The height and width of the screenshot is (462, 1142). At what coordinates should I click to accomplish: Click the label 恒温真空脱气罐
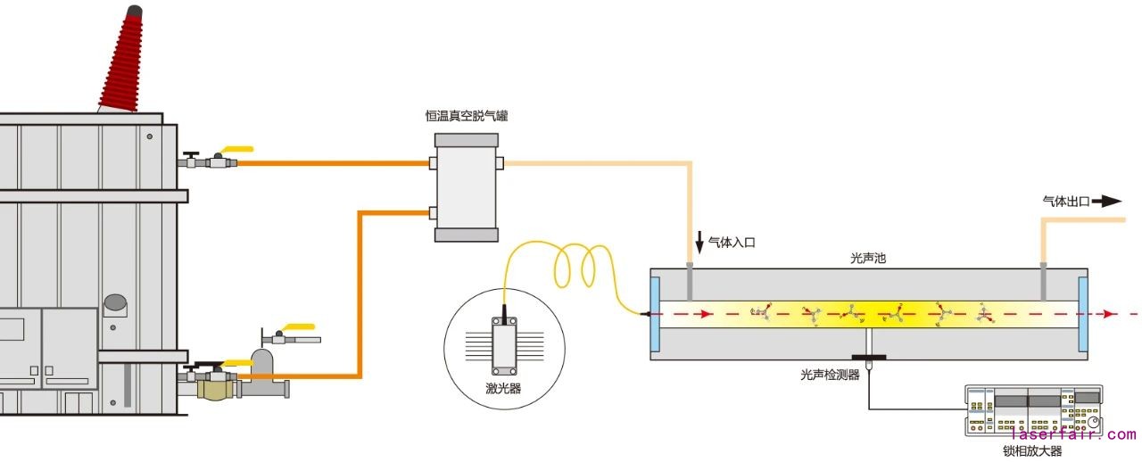[467, 116]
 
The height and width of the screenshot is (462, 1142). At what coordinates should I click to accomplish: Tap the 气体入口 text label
[732, 242]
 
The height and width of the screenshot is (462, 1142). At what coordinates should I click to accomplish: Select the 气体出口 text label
[1066, 202]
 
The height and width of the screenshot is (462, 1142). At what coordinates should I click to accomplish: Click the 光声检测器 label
[830, 375]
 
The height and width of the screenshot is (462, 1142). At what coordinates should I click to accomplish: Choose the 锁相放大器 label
[1032, 451]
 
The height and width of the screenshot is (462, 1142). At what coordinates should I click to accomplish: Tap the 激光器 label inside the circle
[504, 387]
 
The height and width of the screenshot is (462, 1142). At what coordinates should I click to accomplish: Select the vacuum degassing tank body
[467, 187]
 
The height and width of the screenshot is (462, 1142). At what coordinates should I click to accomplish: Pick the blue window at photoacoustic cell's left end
[655, 314]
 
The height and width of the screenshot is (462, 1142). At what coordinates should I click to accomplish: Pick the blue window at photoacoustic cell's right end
[1083, 314]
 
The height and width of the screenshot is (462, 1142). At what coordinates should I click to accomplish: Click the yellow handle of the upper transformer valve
[236, 150]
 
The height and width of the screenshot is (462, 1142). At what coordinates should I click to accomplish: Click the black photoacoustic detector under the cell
[868, 359]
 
